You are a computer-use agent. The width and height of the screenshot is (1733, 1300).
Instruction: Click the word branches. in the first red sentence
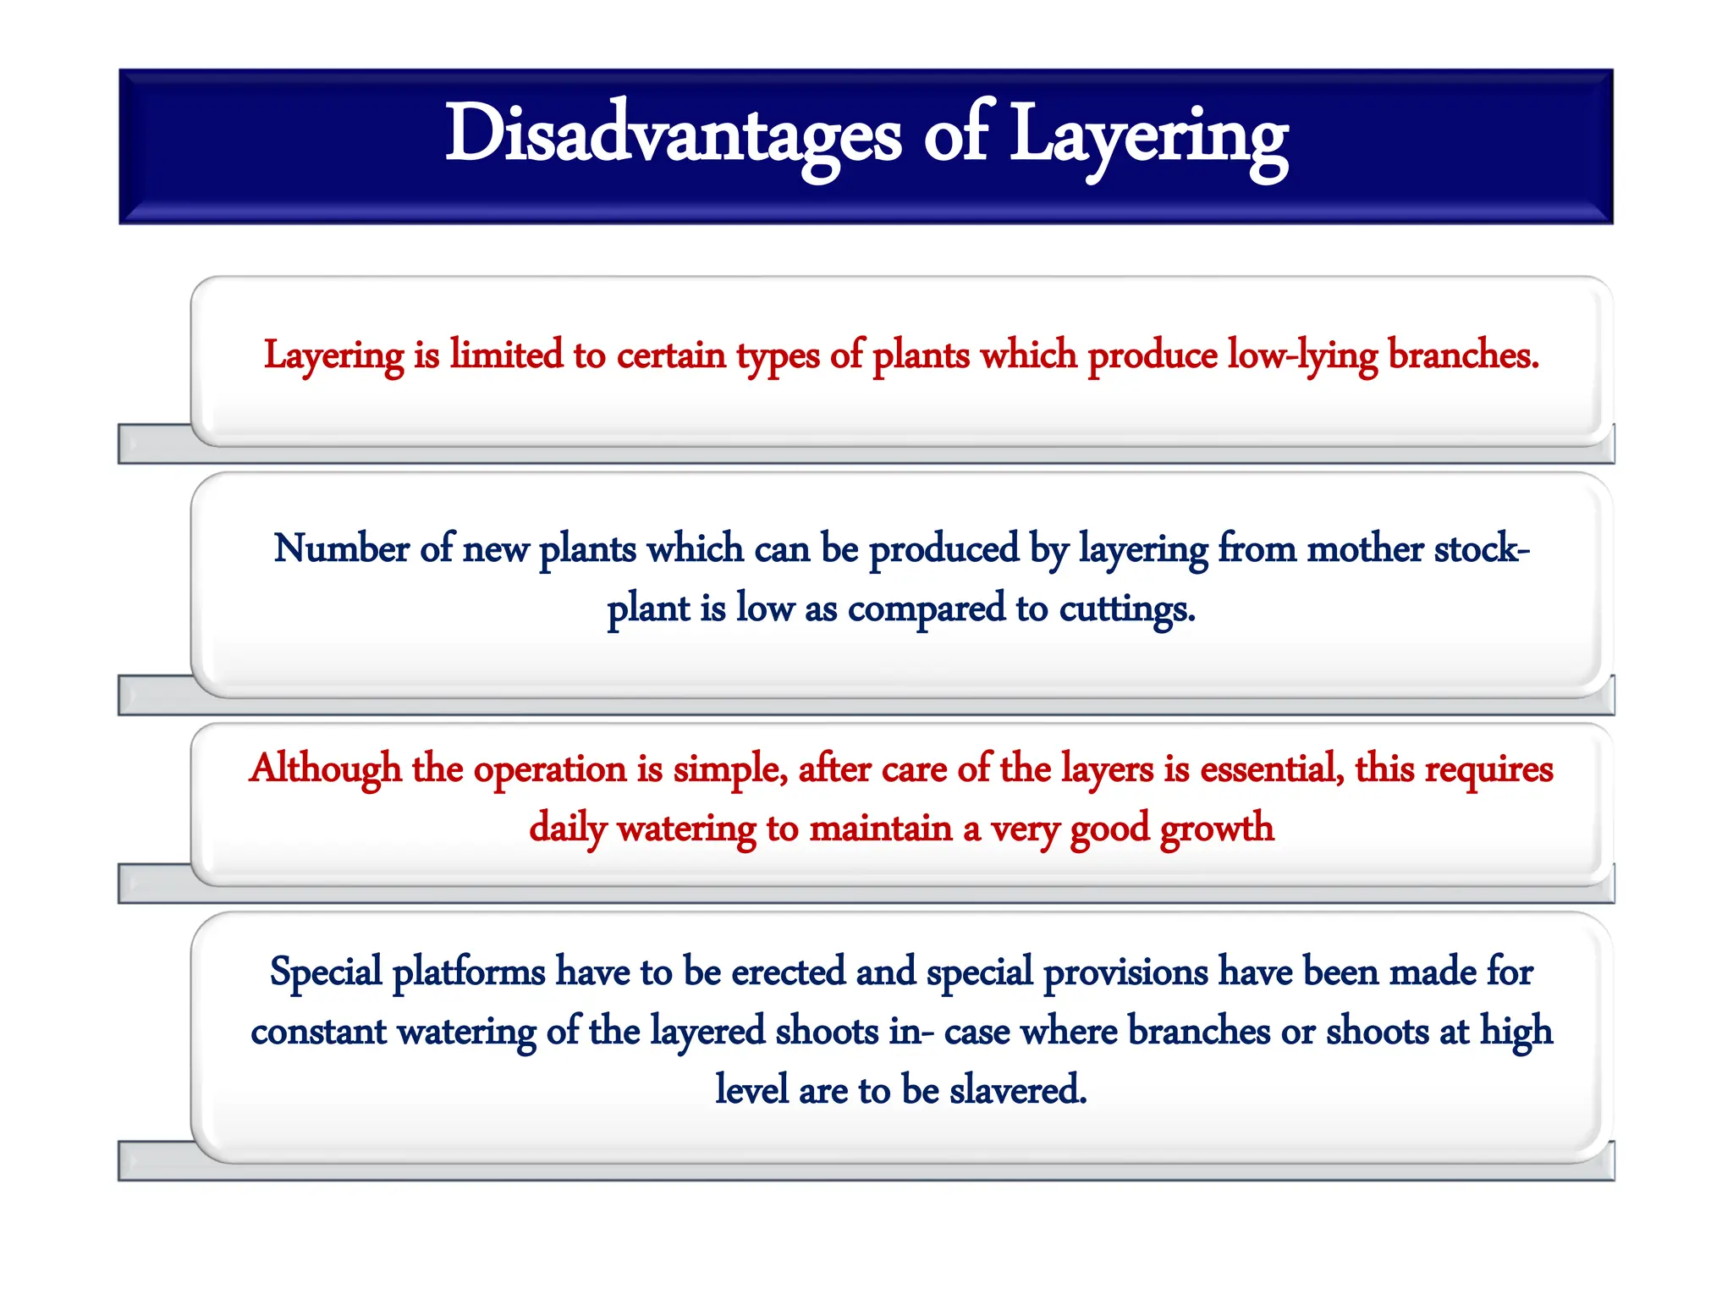[1463, 355]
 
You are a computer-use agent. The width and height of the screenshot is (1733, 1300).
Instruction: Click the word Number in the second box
[342, 548]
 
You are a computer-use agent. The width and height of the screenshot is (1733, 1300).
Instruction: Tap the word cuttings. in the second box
[1127, 609]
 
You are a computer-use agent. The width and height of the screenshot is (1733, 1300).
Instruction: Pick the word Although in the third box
[325, 769]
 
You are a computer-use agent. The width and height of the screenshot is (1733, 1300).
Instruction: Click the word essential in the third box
[1271, 769]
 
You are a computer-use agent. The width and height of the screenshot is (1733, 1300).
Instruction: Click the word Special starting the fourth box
[326, 972]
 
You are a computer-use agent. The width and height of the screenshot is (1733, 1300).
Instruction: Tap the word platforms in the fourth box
[469, 972]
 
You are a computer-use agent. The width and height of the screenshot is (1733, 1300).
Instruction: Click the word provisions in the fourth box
[1125, 972]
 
